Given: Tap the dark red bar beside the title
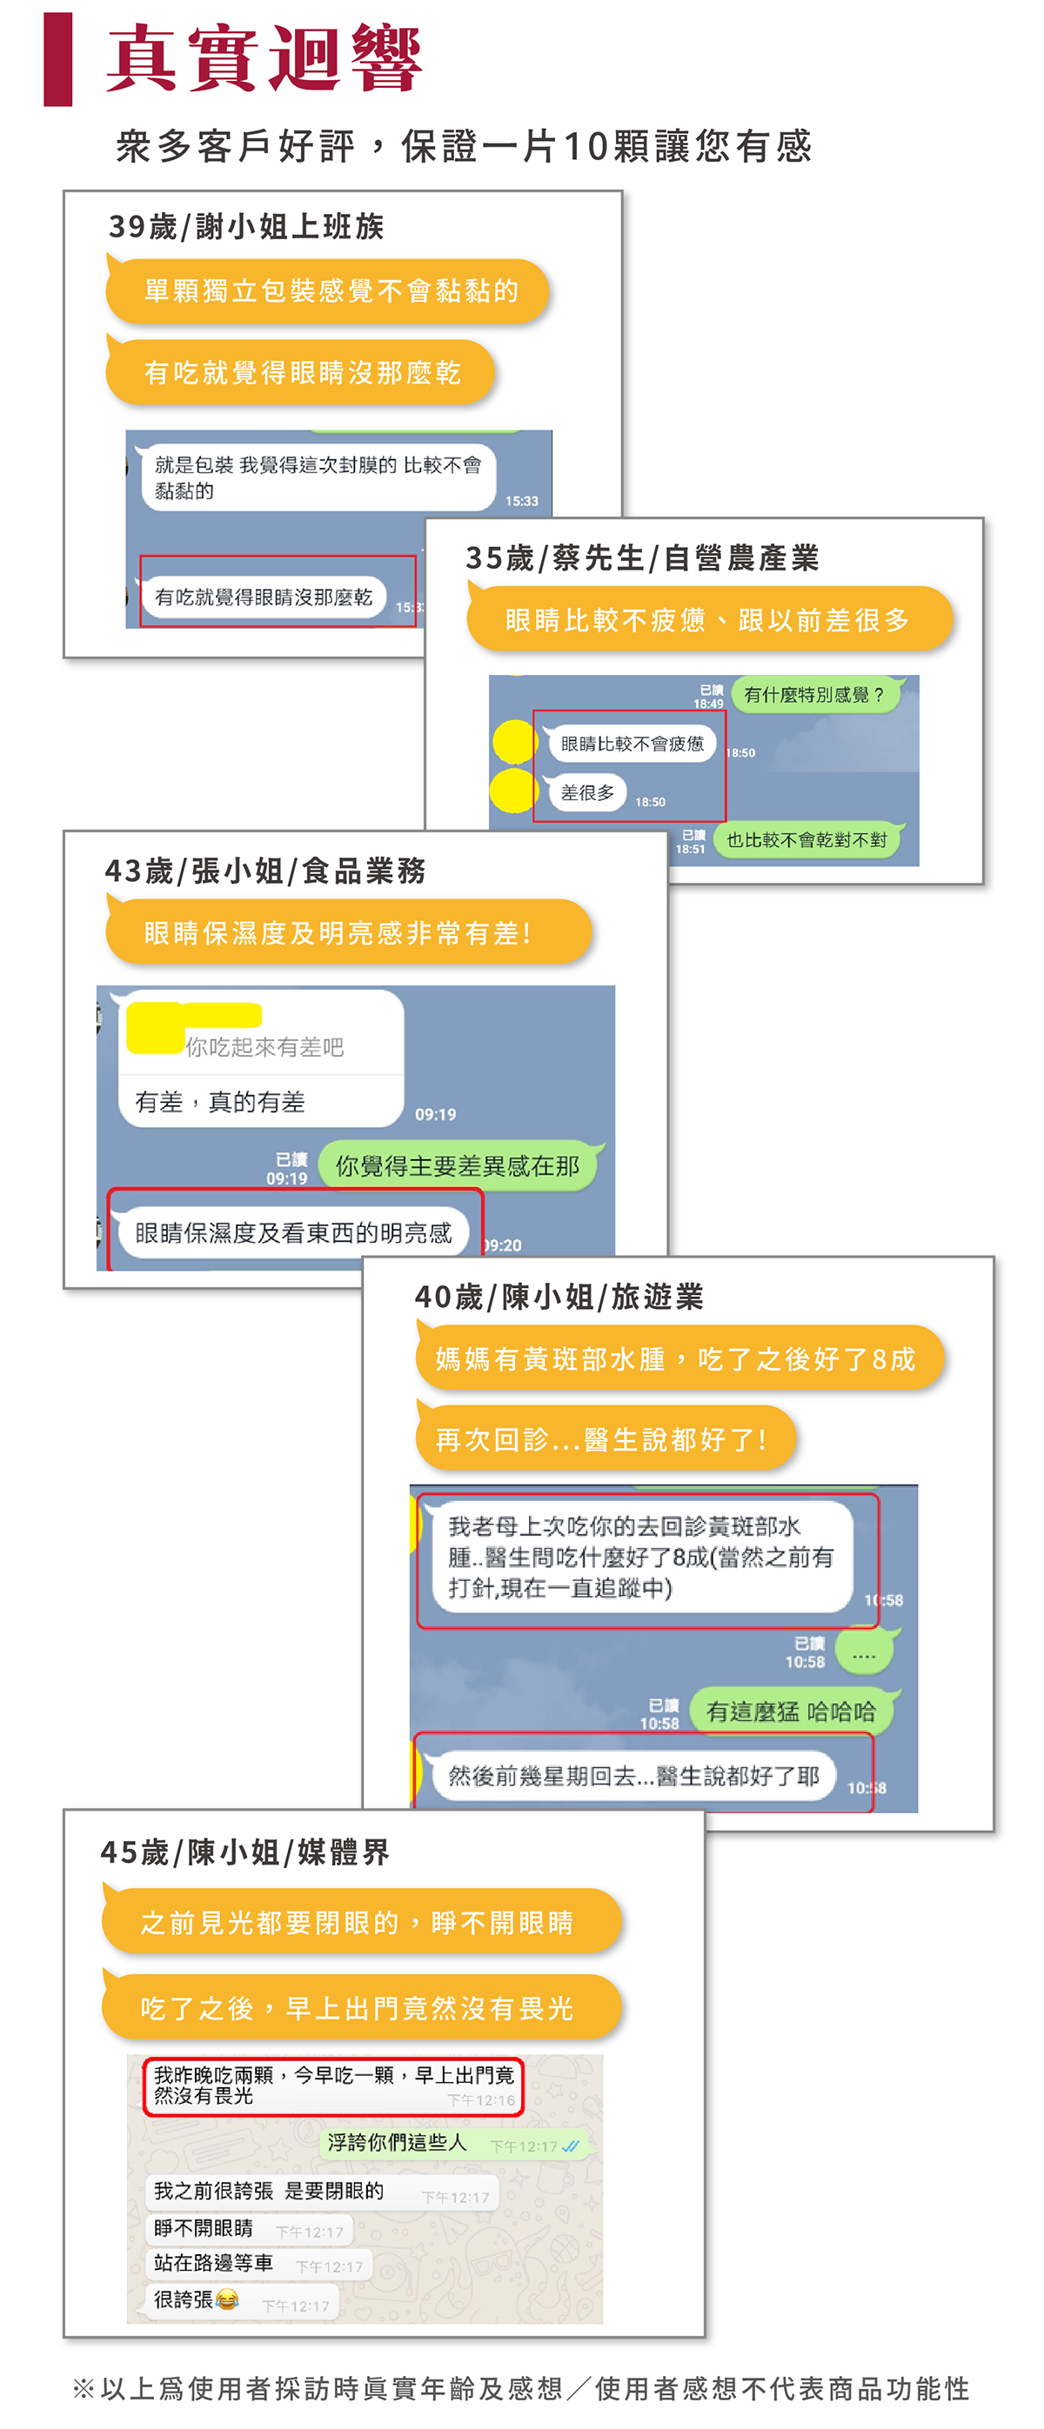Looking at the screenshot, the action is coord(57,58).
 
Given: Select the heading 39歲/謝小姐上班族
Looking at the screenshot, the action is coord(246,226).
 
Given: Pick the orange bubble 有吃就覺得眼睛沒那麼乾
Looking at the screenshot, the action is coord(301,372).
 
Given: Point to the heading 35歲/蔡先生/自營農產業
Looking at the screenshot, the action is coord(641,558).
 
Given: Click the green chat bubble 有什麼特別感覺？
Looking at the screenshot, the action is coord(814,695).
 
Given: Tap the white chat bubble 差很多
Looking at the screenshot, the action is coord(586,793).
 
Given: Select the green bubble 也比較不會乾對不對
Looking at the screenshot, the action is coord(806,839).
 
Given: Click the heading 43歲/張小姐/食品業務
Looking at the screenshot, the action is coord(265,871).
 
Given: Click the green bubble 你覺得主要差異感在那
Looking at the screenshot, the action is coord(458,1165).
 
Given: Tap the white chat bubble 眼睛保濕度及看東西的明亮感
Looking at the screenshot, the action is coord(293,1232).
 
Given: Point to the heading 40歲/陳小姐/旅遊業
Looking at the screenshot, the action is coord(559,1297).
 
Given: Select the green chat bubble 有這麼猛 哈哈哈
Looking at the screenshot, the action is coord(790,1711).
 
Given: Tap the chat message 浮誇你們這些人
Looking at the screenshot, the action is coord(397,2143).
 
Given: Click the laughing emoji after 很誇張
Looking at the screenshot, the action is coord(226,2299).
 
